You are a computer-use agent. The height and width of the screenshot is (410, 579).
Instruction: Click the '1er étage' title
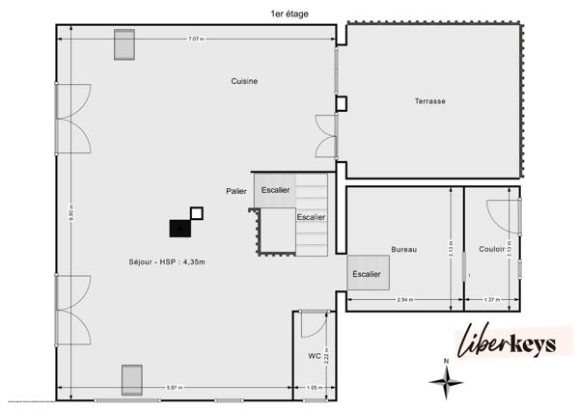pyautogui.click(x=290, y=13)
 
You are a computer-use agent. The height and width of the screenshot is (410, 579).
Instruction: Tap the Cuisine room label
pyautogui.click(x=244, y=81)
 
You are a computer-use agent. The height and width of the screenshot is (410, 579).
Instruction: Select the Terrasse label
pyautogui.click(x=429, y=100)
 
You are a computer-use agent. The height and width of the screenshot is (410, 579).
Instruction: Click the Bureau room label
pyautogui.click(x=403, y=250)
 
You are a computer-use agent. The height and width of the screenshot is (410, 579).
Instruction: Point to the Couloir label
pyautogui.click(x=491, y=250)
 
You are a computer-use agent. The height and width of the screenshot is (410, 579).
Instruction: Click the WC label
pyautogui.click(x=314, y=356)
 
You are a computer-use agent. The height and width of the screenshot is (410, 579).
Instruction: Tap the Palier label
pyautogui.click(x=236, y=191)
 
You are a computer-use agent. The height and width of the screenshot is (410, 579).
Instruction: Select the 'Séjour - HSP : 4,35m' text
pyautogui.click(x=167, y=261)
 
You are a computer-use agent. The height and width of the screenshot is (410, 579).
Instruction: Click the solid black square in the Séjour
pyautogui.click(x=179, y=228)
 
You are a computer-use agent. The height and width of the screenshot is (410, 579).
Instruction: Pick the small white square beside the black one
pyautogui.click(x=197, y=212)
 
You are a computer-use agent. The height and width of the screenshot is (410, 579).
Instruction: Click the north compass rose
pyautogui.click(x=445, y=383)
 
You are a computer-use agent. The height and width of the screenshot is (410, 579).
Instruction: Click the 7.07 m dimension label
pyautogui.click(x=196, y=40)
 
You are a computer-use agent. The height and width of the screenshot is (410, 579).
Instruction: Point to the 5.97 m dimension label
pyautogui.click(x=175, y=388)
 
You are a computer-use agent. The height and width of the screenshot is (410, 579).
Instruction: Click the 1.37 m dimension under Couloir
pyautogui.click(x=490, y=300)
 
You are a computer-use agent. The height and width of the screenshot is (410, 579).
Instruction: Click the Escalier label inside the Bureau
pyautogui.click(x=367, y=274)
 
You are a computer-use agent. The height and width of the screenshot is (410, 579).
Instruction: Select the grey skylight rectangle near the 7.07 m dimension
pyautogui.click(x=124, y=44)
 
